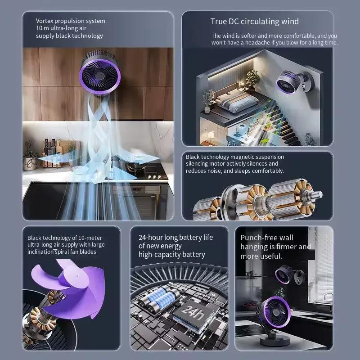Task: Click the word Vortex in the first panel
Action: click(x=45, y=21)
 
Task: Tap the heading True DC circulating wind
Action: click(x=255, y=21)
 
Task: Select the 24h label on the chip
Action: click(x=192, y=311)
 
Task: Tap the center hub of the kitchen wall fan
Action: click(x=99, y=74)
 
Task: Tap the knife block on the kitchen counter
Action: click(x=50, y=153)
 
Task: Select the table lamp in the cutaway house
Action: click(x=210, y=136)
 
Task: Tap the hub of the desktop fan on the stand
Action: click(x=276, y=312)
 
